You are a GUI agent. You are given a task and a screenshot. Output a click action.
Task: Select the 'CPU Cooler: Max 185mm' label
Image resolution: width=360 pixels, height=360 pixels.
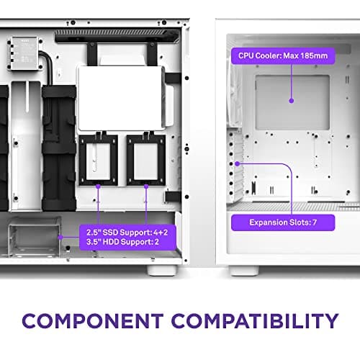point(291,55)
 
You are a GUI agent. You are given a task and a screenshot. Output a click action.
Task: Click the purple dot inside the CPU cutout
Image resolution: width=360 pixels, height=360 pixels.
point(291,102)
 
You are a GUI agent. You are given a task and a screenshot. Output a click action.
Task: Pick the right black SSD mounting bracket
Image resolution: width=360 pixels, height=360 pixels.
point(145,161)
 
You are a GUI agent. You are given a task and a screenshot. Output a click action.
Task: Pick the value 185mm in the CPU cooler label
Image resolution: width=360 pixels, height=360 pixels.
point(326,55)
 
